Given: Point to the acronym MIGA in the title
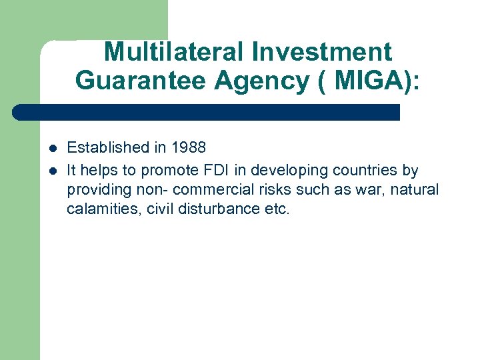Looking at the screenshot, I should [x=366, y=80].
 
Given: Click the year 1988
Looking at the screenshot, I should [x=189, y=147].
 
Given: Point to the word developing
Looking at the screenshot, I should [x=313, y=169].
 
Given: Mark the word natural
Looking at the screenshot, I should [x=416, y=189].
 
